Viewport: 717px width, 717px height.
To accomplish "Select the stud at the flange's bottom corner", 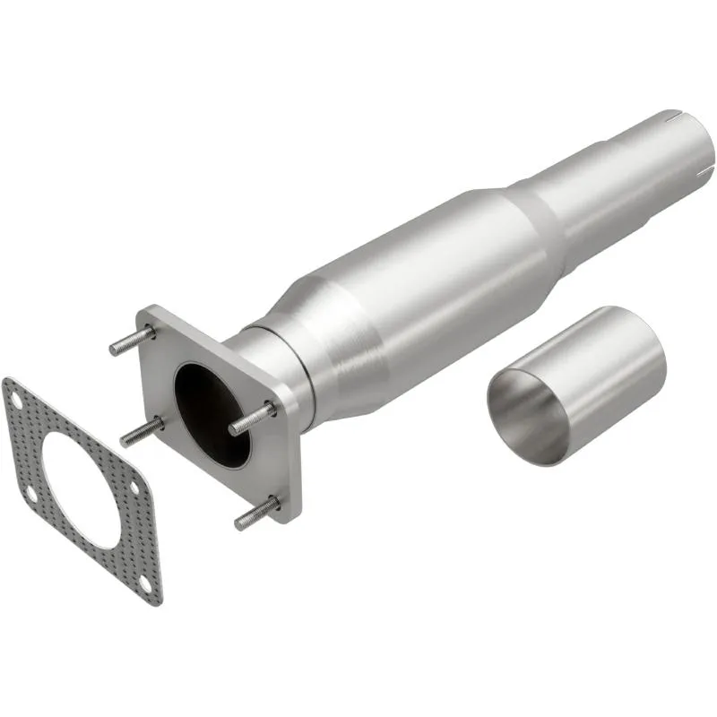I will point(256,514).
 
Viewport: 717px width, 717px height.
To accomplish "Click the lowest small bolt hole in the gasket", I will point(147,585).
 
